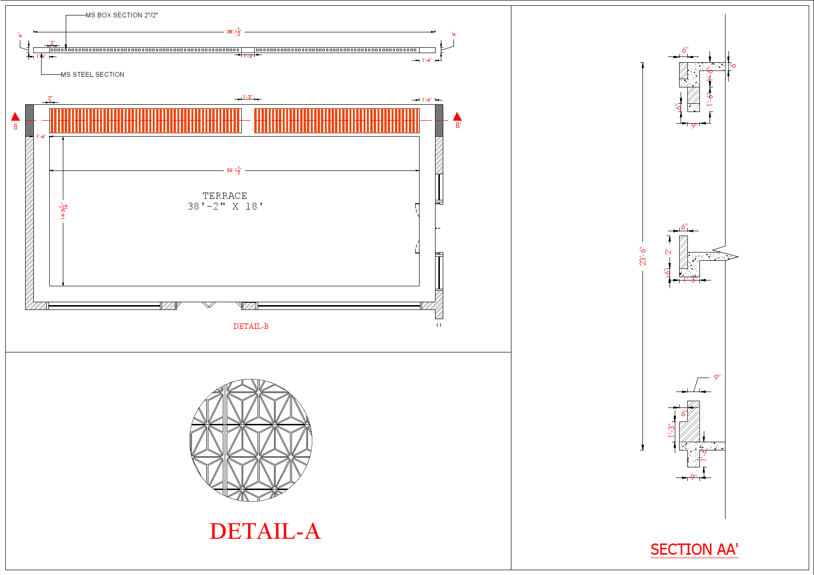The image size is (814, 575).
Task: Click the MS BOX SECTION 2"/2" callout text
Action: (121, 15)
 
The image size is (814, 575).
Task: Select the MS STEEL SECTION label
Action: (92, 74)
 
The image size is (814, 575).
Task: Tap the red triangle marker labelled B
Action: (15, 117)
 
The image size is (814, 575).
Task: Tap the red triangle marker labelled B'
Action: (457, 117)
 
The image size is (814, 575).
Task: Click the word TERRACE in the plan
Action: (225, 196)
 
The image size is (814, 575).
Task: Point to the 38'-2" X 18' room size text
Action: (225, 207)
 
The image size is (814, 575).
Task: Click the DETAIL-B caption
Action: (251, 326)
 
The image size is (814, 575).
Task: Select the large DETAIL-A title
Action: (265, 531)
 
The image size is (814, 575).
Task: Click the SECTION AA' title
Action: (694, 549)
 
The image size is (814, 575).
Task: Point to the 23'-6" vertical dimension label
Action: (642, 256)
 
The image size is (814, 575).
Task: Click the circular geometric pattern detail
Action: (251, 440)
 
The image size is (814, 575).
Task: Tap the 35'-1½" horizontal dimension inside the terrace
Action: (234, 170)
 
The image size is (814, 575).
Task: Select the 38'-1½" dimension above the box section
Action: (234, 32)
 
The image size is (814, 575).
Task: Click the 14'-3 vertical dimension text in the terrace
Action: (63, 211)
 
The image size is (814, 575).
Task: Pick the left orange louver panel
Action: (145, 120)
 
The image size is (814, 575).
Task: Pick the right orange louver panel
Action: (336, 120)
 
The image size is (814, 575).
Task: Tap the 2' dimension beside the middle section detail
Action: (668, 252)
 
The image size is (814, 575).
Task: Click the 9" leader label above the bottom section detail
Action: (717, 378)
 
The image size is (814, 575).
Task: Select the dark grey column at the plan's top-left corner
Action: (29, 120)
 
